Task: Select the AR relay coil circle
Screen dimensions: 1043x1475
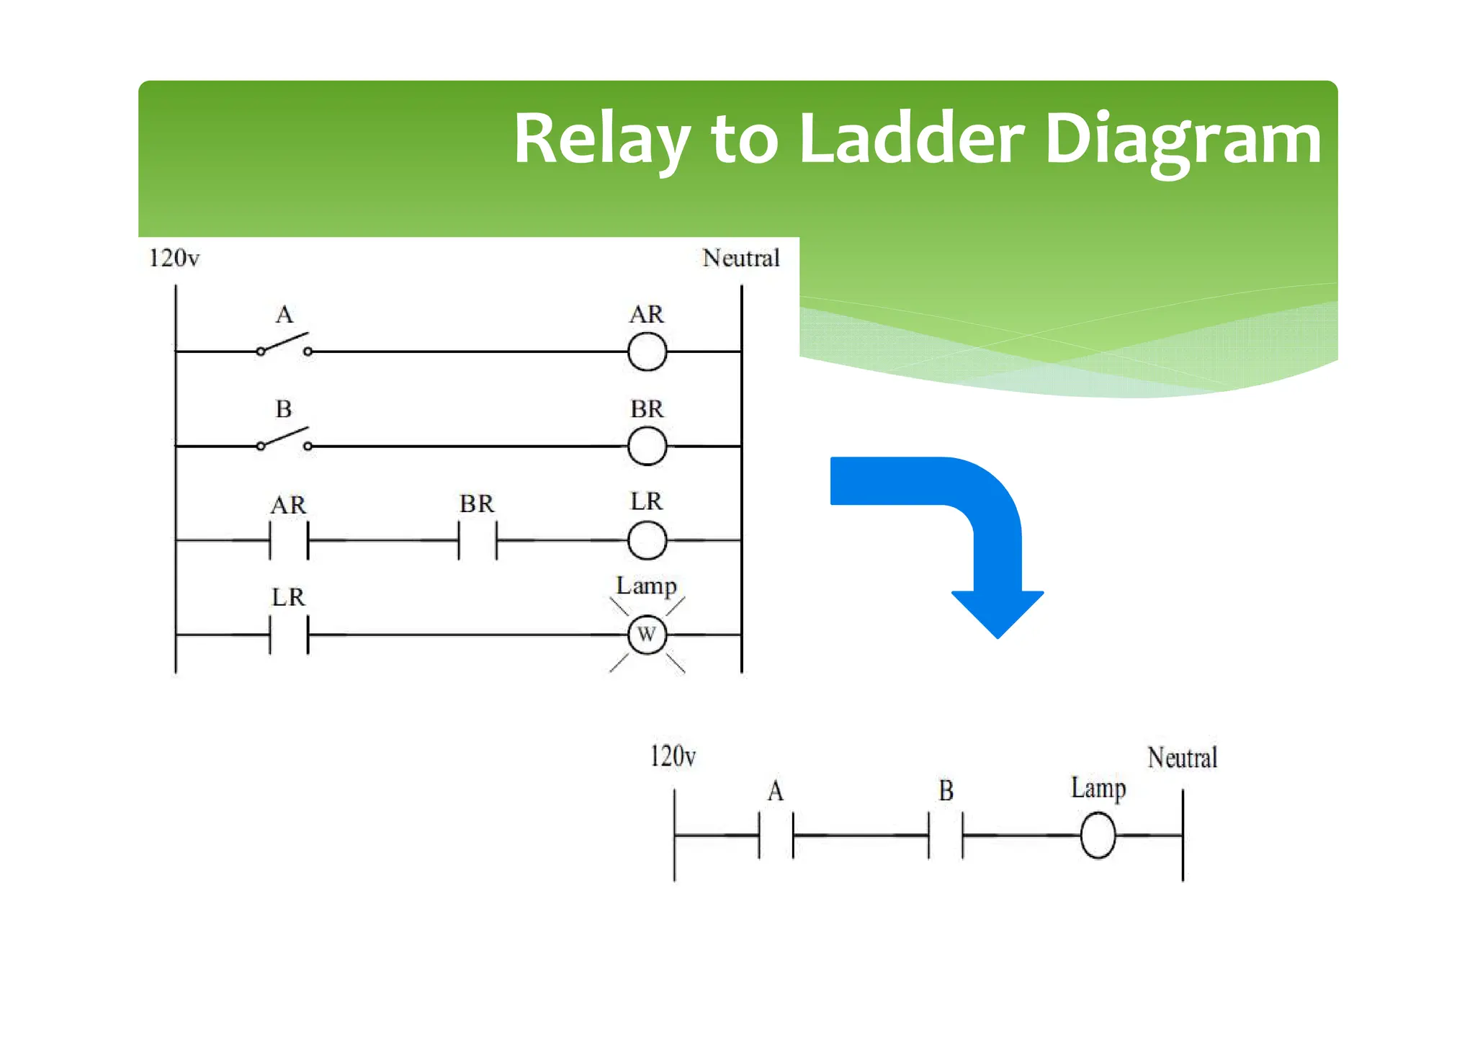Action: click(647, 352)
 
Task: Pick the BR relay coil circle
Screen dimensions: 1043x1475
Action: click(647, 447)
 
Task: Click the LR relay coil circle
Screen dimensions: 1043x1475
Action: click(647, 540)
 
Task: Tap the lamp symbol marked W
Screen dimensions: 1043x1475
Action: click(647, 635)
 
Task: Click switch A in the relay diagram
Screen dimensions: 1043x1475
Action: click(284, 346)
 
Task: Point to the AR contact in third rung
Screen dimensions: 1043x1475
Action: click(289, 540)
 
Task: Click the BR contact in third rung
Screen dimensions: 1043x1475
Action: click(478, 540)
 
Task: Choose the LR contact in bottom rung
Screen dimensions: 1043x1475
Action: click(289, 635)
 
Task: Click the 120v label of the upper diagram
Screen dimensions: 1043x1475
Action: click(174, 258)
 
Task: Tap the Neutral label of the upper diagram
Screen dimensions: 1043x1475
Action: click(740, 258)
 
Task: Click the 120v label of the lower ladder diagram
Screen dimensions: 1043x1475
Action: click(673, 756)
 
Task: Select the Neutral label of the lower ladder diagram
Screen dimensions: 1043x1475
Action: click(1182, 758)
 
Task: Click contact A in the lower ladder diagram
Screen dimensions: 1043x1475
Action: click(776, 835)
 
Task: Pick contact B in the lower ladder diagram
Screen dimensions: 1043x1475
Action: click(946, 835)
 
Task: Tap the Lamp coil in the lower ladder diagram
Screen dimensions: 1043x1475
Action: click(1098, 835)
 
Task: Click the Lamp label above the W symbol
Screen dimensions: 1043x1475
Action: click(646, 586)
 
